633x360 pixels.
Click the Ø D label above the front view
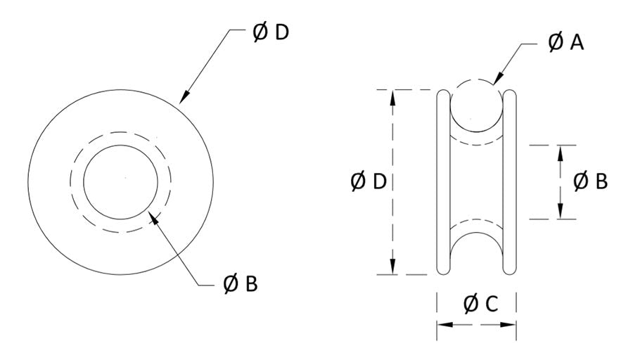(271, 32)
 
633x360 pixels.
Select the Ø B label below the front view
(241, 283)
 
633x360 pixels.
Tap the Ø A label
(565, 42)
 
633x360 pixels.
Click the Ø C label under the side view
(481, 304)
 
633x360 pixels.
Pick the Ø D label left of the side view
(369, 181)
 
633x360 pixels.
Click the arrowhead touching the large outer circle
(184, 97)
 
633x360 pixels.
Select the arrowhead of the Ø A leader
(499, 78)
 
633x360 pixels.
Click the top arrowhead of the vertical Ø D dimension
(392, 98)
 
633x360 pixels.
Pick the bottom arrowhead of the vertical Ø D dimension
(392, 266)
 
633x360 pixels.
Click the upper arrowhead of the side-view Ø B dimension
(560, 153)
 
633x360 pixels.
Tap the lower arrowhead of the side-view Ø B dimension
(560, 211)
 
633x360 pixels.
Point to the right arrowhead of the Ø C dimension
(509, 324)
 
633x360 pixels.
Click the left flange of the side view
(443, 182)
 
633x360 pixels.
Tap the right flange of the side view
(510, 182)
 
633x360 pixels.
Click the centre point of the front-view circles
(126, 177)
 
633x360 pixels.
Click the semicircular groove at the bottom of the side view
(476, 233)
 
